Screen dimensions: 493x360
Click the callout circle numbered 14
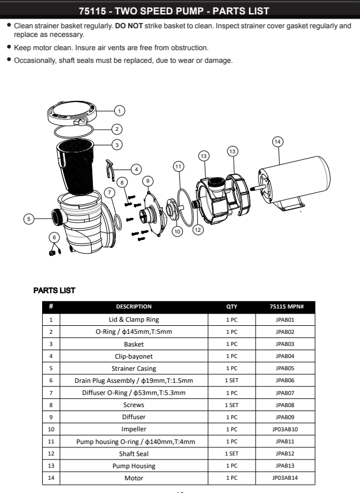coord(278,141)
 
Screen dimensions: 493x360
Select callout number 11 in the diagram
coord(179,165)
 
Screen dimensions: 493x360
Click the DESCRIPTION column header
coord(134,307)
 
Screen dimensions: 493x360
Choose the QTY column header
coord(231,307)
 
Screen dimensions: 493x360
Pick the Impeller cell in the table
coord(134,429)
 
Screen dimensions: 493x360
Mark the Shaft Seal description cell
coord(134,454)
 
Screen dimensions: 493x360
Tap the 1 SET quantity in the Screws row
coord(231,405)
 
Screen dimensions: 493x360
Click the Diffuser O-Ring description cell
coord(134,393)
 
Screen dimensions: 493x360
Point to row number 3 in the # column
coord(51,344)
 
